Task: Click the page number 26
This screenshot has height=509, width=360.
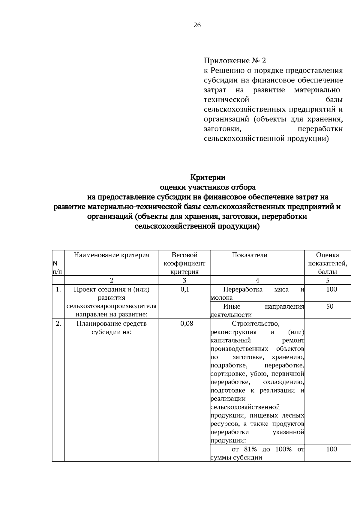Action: [x=197, y=25]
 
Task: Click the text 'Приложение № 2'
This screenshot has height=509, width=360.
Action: [x=235, y=61]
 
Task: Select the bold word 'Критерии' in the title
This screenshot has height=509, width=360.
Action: [x=208, y=177]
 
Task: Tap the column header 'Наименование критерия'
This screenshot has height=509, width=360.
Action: [x=112, y=255]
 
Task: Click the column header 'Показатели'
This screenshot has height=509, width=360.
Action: [x=250, y=255]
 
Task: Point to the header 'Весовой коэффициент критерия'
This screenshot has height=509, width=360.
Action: [x=184, y=263]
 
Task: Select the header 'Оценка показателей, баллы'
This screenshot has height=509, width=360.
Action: [x=328, y=263]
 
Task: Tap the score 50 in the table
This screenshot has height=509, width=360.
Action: [x=330, y=307]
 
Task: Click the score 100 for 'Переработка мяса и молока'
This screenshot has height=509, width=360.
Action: [x=331, y=289]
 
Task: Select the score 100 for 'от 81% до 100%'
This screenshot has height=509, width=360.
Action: [x=331, y=449]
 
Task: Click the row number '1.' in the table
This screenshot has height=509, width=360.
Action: [x=58, y=289]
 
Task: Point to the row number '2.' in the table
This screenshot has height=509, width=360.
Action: [x=58, y=324]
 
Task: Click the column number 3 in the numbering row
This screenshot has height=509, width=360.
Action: [x=184, y=280]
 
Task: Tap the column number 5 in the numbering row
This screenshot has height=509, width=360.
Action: [x=328, y=280]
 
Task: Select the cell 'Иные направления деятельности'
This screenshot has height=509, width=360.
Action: [x=257, y=310]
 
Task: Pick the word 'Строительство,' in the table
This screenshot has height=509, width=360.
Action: [x=256, y=324]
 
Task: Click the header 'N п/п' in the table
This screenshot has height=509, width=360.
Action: [x=57, y=268]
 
